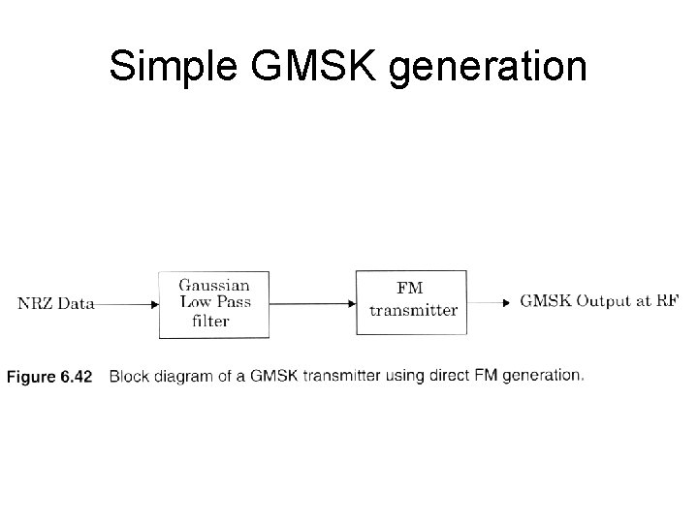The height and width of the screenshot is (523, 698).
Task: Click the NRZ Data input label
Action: pyautogui.click(x=56, y=303)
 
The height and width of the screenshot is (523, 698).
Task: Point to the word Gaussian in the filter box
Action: pyautogui.click(x=214, y=286)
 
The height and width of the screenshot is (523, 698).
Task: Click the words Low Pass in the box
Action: pyautogui.click(x=214, y=302)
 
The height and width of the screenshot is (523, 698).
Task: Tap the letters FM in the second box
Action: pyautogui.click(x=411, y=288)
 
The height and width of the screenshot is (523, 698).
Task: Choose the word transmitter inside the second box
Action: pyautogui.click(x=413, y=311)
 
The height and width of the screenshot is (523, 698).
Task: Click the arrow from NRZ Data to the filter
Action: pyautogui.click(x=128, y=303)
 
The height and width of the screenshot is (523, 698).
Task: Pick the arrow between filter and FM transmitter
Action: pyautogui.click(x=313, y=303)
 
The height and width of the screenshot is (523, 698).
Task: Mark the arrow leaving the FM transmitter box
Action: pyautogui.click(x=491, y=302)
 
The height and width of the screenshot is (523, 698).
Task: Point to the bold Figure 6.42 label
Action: pyautogui.click(x=49, y=377)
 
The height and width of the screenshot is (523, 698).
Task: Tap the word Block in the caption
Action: pyautogui.click(x=130, y=376)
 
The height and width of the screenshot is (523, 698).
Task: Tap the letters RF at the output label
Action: pyautogui.click(x=668, y=301)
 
